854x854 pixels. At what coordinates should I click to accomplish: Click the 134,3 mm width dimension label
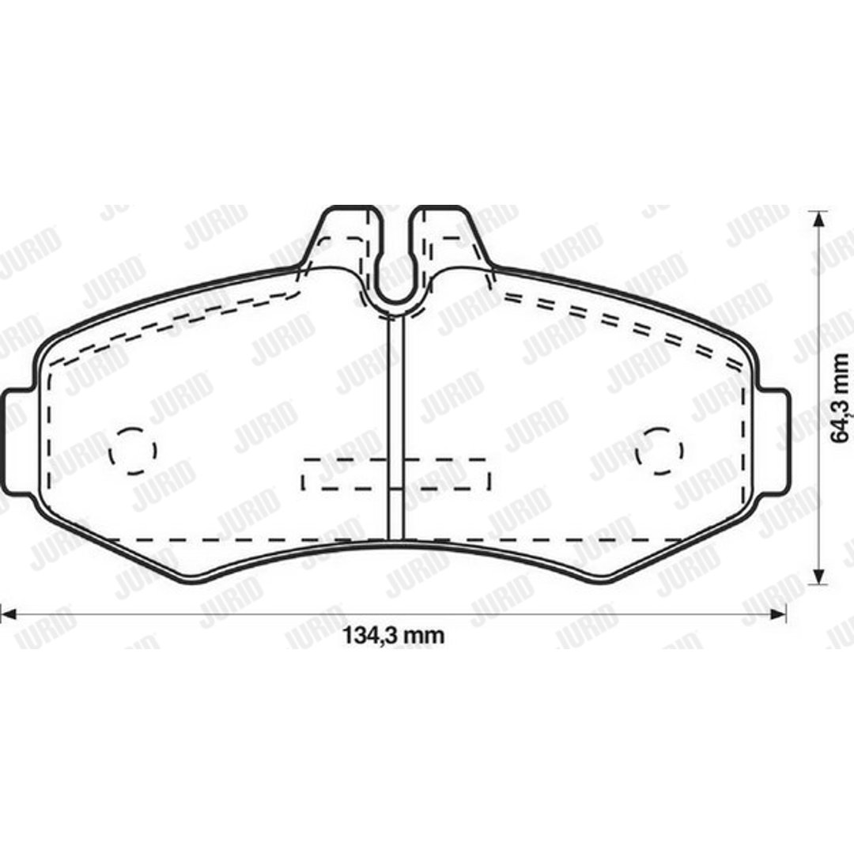click(x=393, y=635)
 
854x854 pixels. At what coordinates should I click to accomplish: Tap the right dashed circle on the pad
click(x=660, y=451)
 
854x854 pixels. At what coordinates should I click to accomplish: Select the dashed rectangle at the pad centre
click(x=396, y=474)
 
